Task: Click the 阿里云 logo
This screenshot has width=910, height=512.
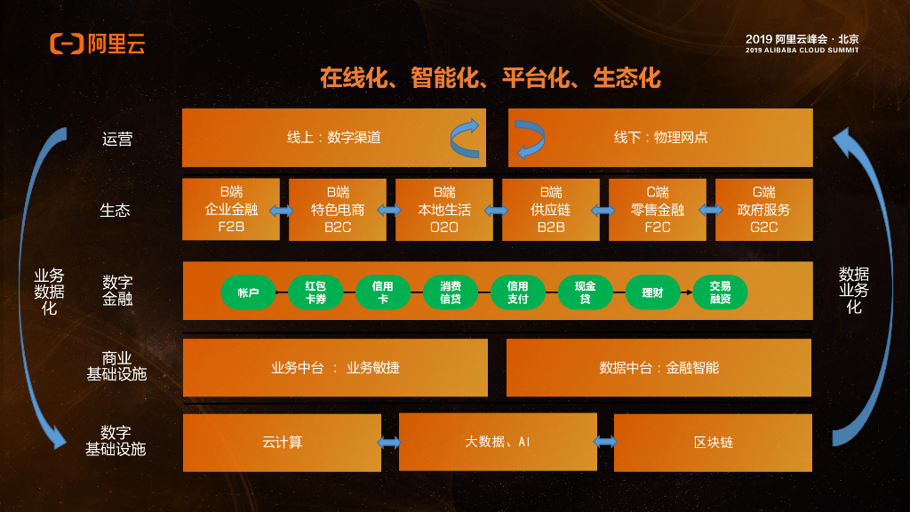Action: [97, 44]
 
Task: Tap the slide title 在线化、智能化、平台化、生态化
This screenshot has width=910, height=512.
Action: [491, 78]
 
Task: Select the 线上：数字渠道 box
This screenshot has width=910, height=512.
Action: [334, 138]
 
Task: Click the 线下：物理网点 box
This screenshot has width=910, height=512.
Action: [660, 138]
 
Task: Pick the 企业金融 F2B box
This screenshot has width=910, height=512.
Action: [231, 210]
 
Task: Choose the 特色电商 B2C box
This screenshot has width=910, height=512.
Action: [338, 210]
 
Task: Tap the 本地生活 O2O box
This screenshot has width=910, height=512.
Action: [444, 210]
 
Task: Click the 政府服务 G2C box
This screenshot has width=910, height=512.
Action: [763, 210]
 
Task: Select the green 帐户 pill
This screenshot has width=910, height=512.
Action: [248, 292]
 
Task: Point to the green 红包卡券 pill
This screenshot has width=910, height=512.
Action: [315, 292]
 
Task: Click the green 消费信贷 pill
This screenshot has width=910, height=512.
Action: [451, 292]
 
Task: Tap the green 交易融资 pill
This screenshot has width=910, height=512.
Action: [720, 292]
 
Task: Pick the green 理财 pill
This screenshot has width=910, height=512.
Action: [652, 292]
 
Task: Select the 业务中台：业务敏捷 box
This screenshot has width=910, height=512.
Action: [335, 367]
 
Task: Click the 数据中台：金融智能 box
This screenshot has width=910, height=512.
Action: [659, 367]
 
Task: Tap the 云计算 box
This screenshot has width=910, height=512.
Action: [282, 442]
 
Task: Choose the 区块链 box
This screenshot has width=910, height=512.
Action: [713, 442]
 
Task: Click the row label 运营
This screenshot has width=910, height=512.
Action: [117, 139]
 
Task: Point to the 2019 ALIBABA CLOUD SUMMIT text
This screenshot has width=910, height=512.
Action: [802, 51]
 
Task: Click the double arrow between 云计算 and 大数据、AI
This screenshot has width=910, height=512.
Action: [389, 442]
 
